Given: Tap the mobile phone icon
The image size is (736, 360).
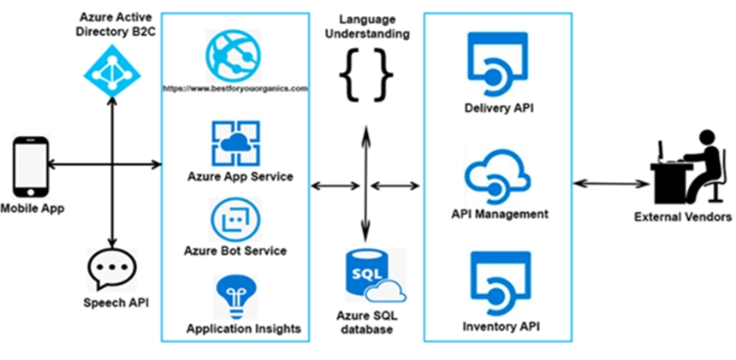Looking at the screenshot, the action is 31,168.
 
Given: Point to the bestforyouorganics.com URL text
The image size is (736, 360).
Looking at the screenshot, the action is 235,88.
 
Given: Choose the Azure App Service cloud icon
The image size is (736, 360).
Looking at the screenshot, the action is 235,143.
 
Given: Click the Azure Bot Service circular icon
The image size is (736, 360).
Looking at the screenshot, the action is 235,220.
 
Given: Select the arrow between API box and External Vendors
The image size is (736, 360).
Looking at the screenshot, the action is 608,184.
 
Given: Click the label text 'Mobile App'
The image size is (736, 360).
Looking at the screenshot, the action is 32,209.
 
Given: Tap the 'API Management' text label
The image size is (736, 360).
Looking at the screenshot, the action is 500,215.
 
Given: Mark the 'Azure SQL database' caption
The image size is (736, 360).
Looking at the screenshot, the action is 367,322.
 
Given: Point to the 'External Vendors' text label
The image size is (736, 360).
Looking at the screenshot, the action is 683,217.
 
